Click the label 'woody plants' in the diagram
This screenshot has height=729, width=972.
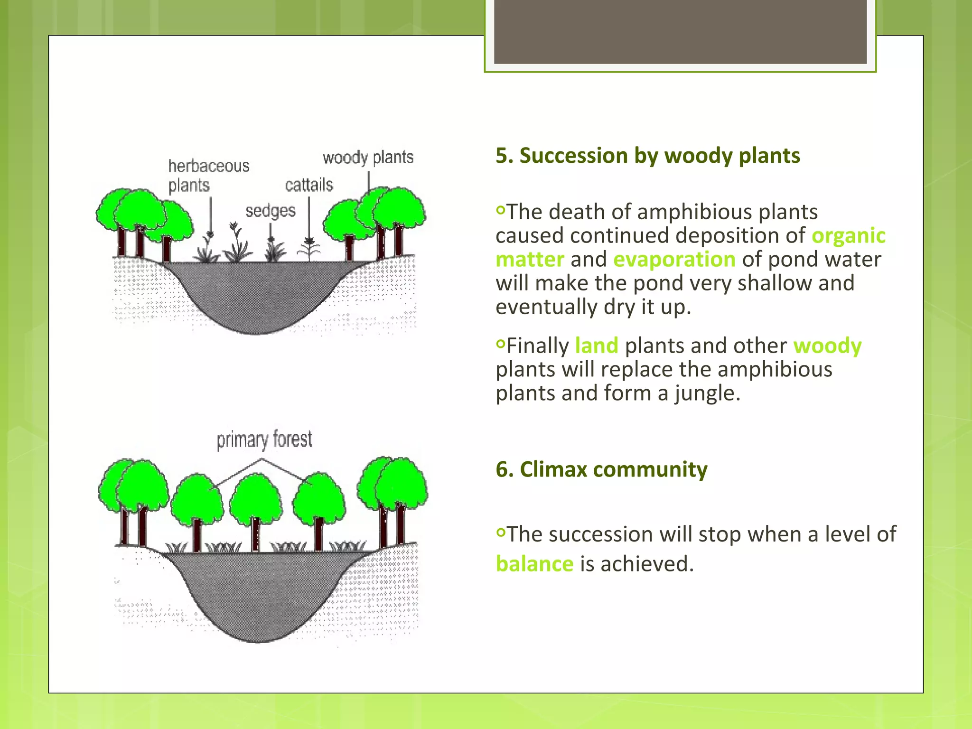368,158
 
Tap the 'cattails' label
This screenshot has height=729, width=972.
309,185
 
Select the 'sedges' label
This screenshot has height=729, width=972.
270,211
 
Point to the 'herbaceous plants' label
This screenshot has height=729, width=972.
208,176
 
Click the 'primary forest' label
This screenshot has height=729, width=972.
264,439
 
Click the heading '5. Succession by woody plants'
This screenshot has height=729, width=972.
647,156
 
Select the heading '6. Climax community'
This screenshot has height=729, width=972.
601,469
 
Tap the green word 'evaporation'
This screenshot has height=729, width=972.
674,260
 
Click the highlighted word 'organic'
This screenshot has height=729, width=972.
848,236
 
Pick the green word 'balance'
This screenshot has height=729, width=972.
534,564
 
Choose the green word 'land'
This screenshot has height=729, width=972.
596,346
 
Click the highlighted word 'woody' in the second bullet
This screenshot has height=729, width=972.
827,346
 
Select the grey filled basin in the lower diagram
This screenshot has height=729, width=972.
259,593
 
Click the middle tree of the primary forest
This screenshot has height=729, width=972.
255,503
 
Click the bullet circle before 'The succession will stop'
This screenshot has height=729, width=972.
501,533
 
